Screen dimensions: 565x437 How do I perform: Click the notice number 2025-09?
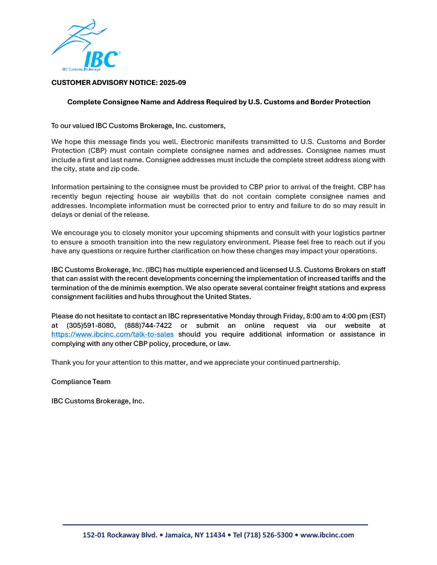pyautogui.click(x=172, y=82)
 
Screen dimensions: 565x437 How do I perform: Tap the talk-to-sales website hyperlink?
pyautogui.click(x=112, y=334)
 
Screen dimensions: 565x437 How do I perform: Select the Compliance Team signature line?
pyautogui.click(x=81, y=381)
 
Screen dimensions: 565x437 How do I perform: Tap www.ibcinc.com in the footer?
pyautogui.click(x=327, y=535)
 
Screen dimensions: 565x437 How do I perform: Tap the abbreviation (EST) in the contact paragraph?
pyautogui.click(x=376, y=317)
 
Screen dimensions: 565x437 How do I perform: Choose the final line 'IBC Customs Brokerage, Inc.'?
pyautogui.click(x=97, y=401)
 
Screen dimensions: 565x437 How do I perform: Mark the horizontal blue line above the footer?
pyautogui.click(x=215, y=525)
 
